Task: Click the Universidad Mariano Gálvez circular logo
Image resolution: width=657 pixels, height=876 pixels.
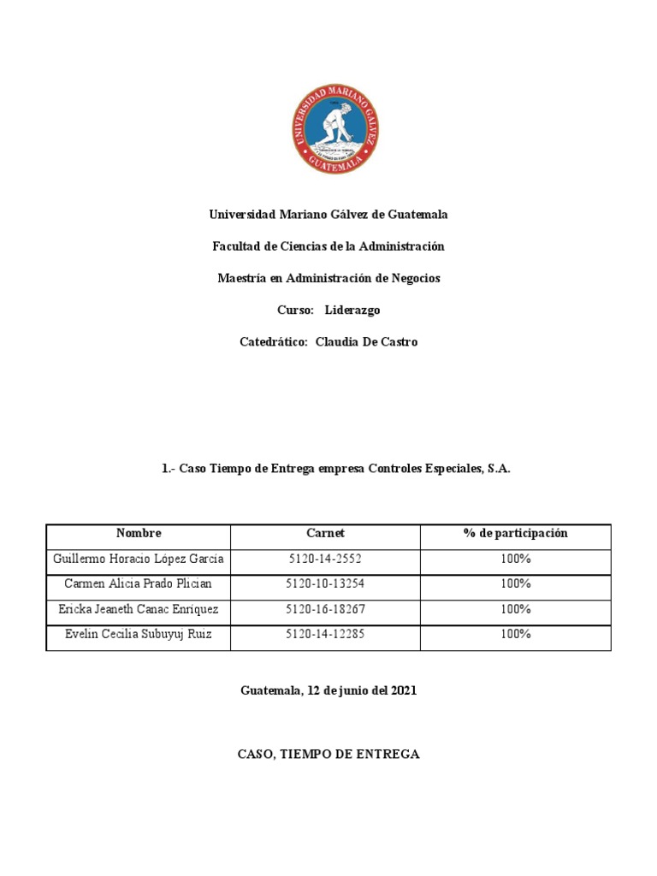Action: point(336,129)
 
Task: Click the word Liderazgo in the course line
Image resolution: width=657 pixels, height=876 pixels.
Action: point(352,310)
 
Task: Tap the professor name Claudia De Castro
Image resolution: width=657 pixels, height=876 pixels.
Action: point(366,341)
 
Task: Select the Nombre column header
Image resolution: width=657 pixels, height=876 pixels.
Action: point(139,533)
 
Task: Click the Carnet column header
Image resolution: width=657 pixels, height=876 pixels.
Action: point(325,533)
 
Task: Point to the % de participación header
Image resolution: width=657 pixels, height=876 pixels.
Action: point(515,533)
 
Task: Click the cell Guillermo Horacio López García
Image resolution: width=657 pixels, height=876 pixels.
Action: point(139,559)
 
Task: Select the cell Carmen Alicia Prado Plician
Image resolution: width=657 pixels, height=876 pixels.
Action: point(139,583)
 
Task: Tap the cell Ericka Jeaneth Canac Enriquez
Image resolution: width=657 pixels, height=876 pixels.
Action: point(139,609)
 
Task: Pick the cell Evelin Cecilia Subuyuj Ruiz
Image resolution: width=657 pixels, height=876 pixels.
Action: point(139,634)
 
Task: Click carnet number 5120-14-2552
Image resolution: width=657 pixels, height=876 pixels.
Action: point(325,559)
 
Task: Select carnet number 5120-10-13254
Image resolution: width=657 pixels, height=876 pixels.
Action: point(325,583)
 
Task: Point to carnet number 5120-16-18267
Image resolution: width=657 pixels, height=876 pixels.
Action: point(325,609)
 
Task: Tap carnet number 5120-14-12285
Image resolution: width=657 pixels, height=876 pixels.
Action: point(325,634)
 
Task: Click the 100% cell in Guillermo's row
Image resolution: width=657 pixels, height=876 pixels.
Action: point(516,559)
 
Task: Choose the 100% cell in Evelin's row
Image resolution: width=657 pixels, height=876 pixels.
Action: point(516,634)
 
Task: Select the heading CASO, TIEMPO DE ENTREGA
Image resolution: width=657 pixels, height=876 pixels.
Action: point(328,754)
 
